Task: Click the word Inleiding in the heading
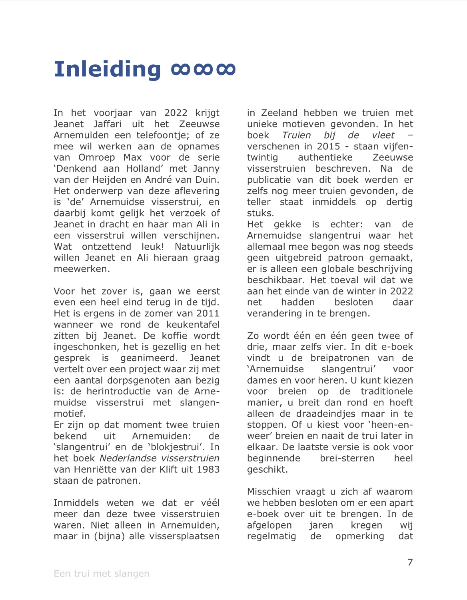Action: point(107,69)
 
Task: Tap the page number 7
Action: point(410,562)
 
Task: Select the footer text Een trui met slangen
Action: point(102,574)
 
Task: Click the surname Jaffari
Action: point(108,124)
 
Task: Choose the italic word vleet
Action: point(383,135)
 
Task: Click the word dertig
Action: point(399,202)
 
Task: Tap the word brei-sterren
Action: point(347,458)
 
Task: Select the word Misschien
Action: point(266,492)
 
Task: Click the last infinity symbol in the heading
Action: point(226,70)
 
